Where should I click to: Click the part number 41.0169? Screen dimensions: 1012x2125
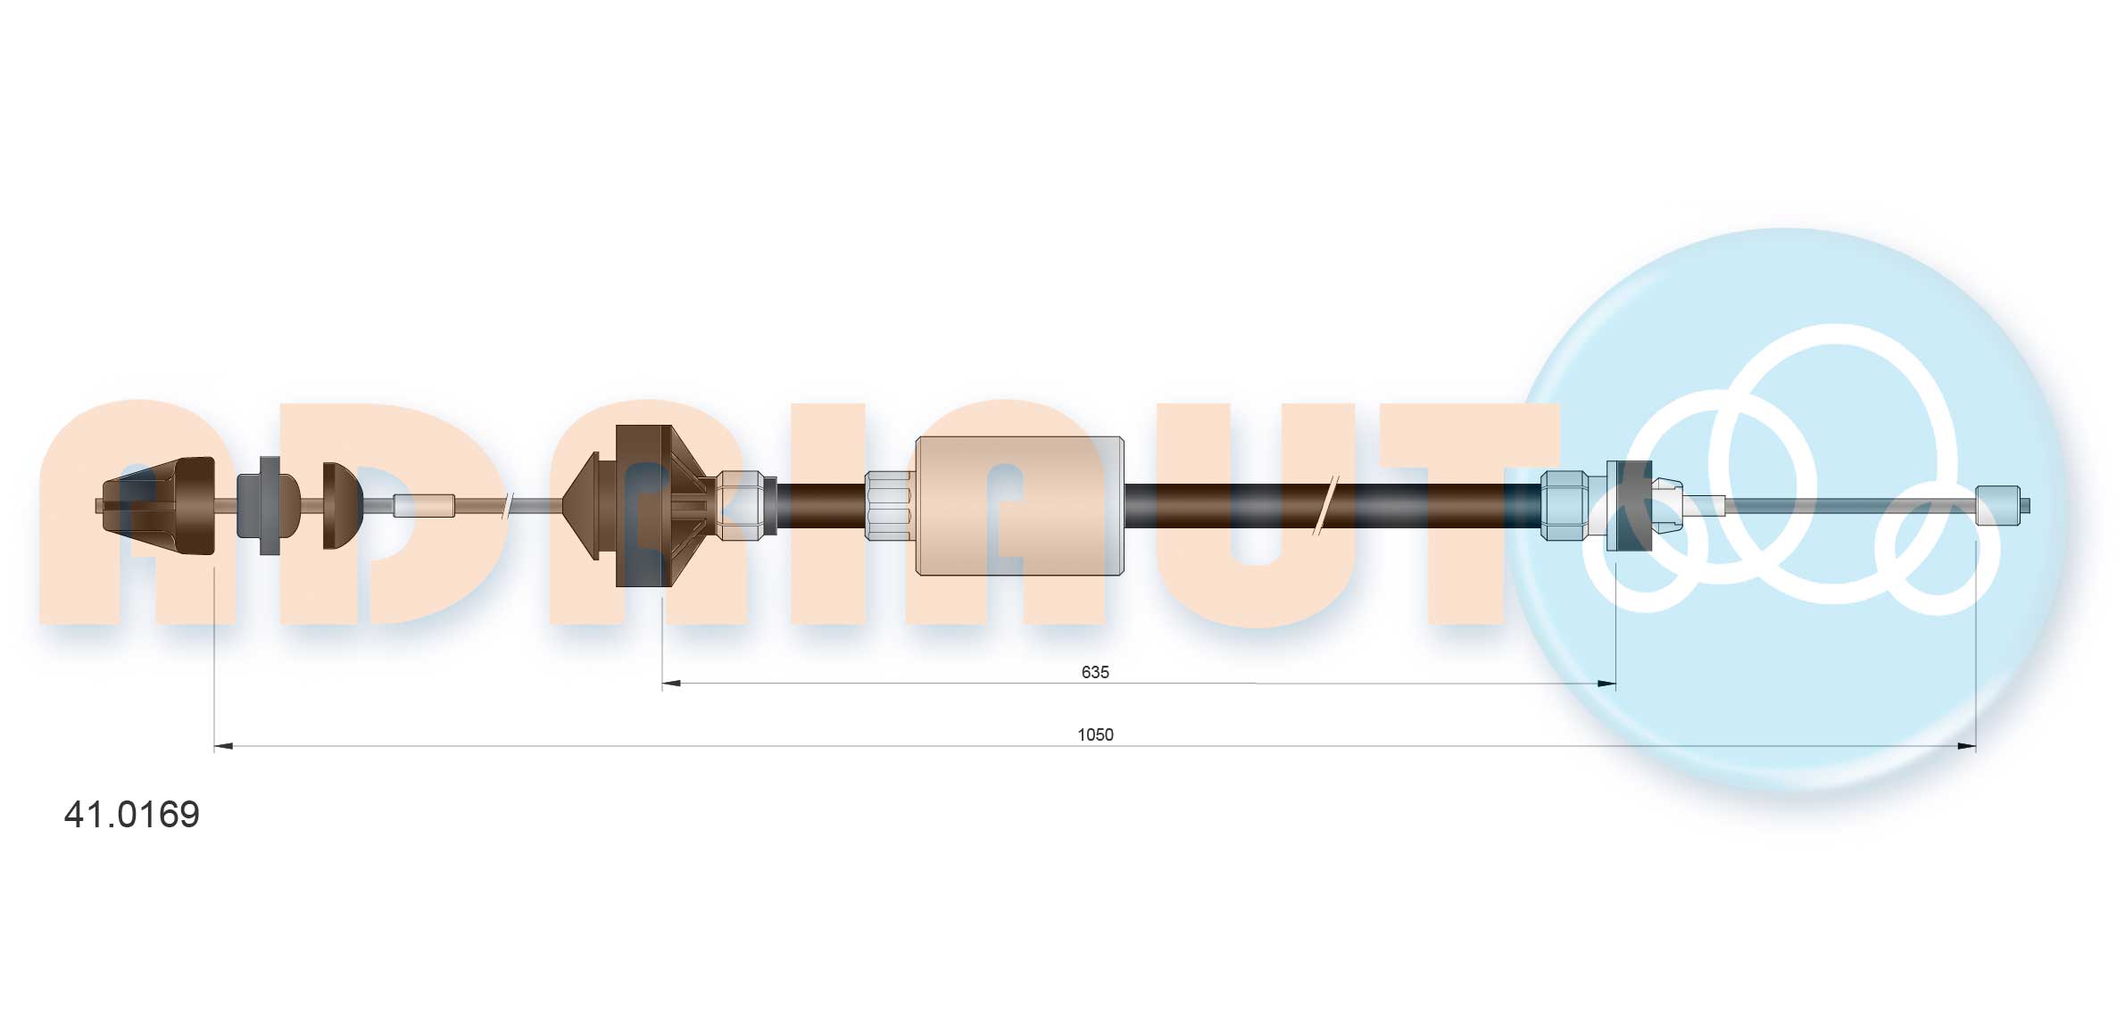tap(132, 815)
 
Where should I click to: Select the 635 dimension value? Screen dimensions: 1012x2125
tap(1094, 672)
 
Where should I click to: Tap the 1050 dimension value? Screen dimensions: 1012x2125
tap(1095, 734)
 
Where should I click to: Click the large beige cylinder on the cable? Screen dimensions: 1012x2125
tap(1019, 506)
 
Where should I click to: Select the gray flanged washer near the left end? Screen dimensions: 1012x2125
tap(267, 506)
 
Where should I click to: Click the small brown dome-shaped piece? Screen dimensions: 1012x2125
tap(341, 506)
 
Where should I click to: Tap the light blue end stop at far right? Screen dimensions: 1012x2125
tap(1998, 505)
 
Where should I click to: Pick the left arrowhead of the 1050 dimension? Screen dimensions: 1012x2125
tap(223, 746)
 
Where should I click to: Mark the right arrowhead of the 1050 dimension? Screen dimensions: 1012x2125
tap(1966, 746)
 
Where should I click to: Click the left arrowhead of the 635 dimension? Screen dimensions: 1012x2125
tap(671, 684)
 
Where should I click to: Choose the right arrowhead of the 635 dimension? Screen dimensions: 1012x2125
tap(1606, 684)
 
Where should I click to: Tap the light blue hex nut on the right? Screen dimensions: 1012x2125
tap(1565, 506)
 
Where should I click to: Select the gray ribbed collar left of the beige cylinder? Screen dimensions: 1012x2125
tap(889, 506)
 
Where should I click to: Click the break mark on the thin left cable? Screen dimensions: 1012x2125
tap(507, 506)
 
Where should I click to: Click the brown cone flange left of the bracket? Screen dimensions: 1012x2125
tap(582, 506)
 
